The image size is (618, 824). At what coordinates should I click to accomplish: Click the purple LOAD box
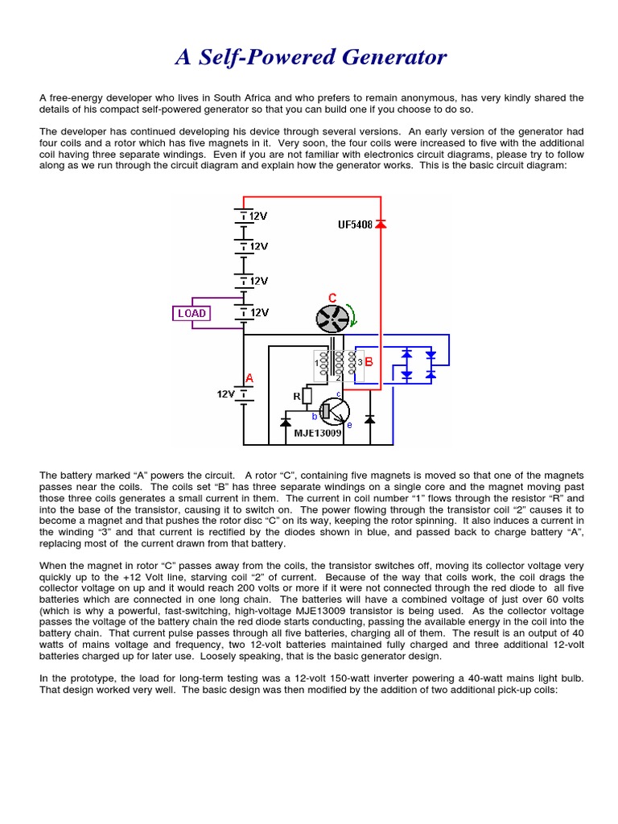click(x=192, y=313)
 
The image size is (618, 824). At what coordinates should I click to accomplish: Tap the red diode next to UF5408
click(x=381, y=225)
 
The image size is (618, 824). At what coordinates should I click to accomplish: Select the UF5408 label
click(x=355, y=225)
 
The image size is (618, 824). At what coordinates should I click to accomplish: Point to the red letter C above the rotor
click(x=332, y=298)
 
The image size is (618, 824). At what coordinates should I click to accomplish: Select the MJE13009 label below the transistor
click(x=318, y=433)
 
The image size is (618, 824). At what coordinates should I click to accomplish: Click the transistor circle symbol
click(x=333, y=411)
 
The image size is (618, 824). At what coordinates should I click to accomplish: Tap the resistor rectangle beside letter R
click(x=307, y=395)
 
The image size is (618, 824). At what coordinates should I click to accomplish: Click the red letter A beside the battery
click(x=249, y=378)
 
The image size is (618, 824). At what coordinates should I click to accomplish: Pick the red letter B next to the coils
click(x=369, y=362)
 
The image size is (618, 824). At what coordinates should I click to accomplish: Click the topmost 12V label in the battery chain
click(x=258, y=216)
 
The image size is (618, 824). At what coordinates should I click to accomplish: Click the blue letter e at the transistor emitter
click(x=348, y=424)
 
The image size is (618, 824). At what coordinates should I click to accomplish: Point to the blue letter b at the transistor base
click(x=315, y=416)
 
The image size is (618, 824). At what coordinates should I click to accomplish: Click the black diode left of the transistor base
click(x=286, y=421)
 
